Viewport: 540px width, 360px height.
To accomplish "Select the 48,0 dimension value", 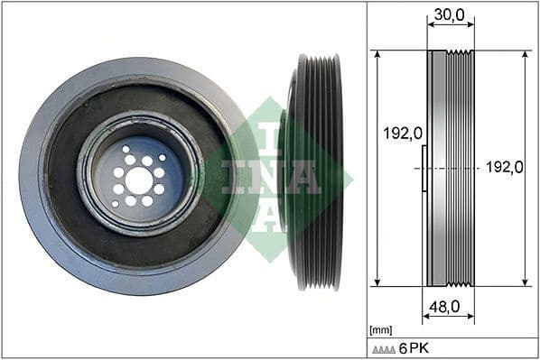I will (442, 307).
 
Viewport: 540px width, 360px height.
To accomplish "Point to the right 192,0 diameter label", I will (504, 167).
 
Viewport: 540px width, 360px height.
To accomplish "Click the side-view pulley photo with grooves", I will (316, 171).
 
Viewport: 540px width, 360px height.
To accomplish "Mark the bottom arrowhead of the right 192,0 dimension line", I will (525, 281).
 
